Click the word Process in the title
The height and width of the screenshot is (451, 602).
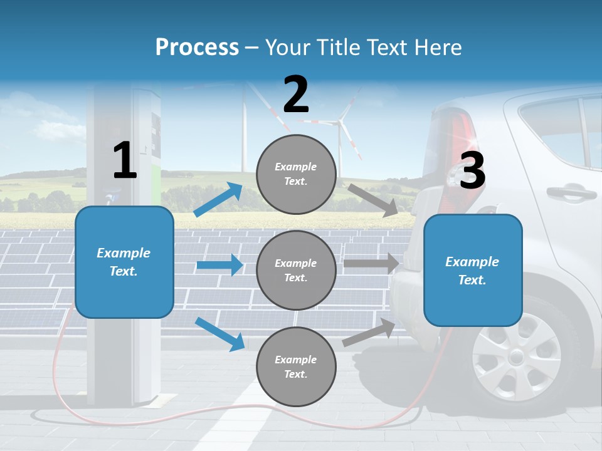197,48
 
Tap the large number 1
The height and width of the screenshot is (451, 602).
125,160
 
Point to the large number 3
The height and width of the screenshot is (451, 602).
472,171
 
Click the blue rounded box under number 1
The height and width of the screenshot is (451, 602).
124,262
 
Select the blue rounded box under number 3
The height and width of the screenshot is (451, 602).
473,270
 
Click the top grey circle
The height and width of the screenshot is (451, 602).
296,174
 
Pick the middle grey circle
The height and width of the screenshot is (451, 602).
296,270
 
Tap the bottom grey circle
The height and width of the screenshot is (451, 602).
296,366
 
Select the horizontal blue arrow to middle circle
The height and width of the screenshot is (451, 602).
219,265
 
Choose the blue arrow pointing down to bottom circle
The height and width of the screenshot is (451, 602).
219,333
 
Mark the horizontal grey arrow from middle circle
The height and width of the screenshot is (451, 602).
371,264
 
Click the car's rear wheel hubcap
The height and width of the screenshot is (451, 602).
515,356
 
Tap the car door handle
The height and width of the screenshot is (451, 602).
571,192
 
